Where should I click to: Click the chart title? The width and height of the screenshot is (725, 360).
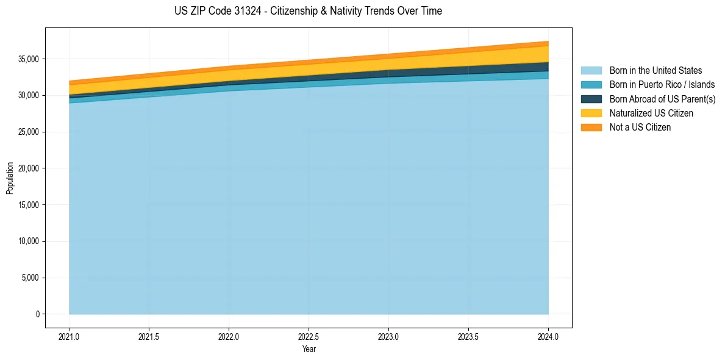tap(308, 11)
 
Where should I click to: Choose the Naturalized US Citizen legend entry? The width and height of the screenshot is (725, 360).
tap(651, 113)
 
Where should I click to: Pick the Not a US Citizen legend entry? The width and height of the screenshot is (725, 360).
tap(640, 127)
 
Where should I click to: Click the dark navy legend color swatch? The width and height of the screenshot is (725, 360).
tap(591, 99)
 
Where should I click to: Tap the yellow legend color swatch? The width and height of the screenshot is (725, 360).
tap(591, 113)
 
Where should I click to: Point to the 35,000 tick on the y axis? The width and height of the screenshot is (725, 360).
tap(29, 59)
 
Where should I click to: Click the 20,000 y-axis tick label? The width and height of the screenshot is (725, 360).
tap(29, 168)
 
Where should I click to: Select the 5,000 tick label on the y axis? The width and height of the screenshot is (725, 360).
tap(30, 278)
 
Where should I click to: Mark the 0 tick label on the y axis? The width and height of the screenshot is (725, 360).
tap(37, 314)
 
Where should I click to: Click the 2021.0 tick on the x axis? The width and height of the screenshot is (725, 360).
tap(70, 336)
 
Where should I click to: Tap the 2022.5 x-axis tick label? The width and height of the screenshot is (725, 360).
tap(309, 336)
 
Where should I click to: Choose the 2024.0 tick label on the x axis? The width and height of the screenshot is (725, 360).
tap(548, 336)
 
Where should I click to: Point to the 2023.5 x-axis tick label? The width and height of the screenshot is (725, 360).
tap(468, 336)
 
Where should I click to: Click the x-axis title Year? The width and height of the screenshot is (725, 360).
tap(309, 349)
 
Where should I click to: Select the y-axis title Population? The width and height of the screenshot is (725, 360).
tap(10, 178)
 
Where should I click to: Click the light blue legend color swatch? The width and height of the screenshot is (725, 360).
tap(591, 71)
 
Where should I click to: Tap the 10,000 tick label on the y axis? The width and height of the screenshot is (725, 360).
tap(29, 241)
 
